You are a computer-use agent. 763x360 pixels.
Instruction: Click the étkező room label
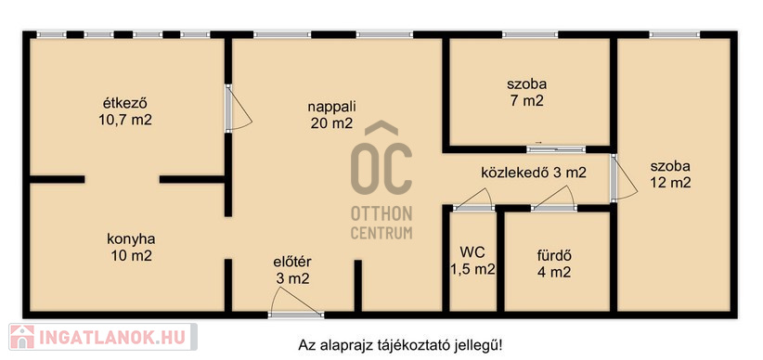click(125, 104)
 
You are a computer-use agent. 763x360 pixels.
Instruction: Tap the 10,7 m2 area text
click(125, 121)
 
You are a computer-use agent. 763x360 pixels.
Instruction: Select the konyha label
click(131, 239)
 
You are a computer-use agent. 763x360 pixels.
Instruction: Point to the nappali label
click(332, 107)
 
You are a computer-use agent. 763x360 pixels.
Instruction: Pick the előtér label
click(292, 262)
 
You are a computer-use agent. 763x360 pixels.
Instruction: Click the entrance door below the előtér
click(296, 302)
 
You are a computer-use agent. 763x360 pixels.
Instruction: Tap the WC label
click(472, 252)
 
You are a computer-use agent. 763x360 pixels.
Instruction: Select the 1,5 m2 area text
click(472, 269)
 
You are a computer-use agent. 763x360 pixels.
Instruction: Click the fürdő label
click(554, 255)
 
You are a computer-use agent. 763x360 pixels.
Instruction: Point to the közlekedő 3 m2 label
click(534, 173)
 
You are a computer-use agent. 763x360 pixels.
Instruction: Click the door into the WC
click(473, 200)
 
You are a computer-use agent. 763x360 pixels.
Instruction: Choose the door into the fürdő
click(554, 200)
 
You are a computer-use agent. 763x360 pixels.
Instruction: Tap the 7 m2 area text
click(526, 101)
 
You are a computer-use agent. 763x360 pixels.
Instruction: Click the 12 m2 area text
click(670, 183)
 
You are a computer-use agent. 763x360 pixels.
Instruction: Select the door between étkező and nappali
click(238, 108)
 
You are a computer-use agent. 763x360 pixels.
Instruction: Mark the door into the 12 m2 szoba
click(624, 178)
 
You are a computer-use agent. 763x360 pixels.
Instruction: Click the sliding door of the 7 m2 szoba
click(556, 148)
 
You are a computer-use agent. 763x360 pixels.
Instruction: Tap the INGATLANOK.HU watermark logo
click(103, 337)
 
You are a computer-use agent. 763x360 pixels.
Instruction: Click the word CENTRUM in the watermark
click(381, 233)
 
